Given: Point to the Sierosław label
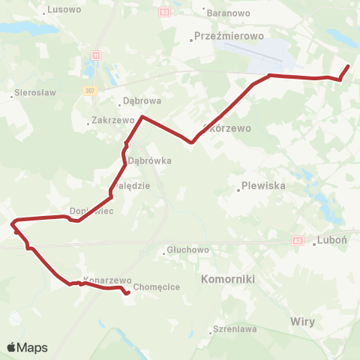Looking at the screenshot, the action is (x=30, y=95).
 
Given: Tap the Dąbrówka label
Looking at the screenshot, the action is (x=150, y=160).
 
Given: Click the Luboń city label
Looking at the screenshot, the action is (x=330, y=241).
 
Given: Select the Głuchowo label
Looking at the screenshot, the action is (x=187, y=250).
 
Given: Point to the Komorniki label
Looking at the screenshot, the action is (x=229, y=278).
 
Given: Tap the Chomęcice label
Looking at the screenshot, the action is (x=154, y=286).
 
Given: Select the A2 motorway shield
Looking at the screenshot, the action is (x=298, y=241).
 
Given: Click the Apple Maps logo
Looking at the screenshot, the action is (x=27, y=348).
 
